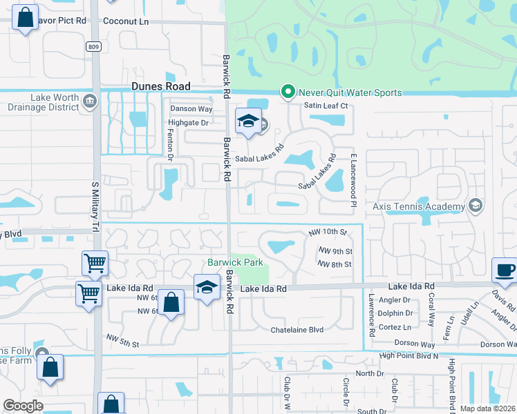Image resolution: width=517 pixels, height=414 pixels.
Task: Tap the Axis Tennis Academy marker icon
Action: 474,206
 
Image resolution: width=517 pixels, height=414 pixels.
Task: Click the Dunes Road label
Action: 160,87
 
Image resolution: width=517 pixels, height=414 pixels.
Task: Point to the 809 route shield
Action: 93,46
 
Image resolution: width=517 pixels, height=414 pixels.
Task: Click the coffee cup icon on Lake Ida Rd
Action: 504,270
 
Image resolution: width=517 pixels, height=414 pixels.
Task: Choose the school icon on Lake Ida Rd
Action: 206,287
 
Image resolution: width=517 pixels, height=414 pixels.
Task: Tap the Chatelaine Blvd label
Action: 297,330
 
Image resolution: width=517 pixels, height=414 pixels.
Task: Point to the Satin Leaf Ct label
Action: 326,106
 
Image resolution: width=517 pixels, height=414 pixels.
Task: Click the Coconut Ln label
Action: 126,21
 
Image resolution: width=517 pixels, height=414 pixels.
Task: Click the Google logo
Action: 23,406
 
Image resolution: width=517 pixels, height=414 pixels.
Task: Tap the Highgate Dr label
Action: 188,123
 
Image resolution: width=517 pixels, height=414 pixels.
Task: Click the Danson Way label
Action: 191,109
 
